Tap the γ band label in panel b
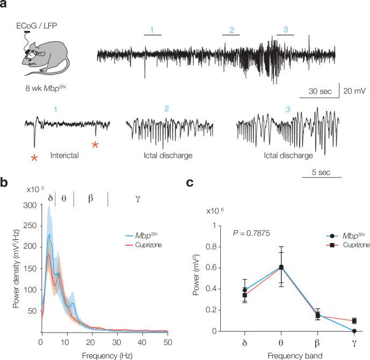click(137, 198)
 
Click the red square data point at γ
click(354, 321)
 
